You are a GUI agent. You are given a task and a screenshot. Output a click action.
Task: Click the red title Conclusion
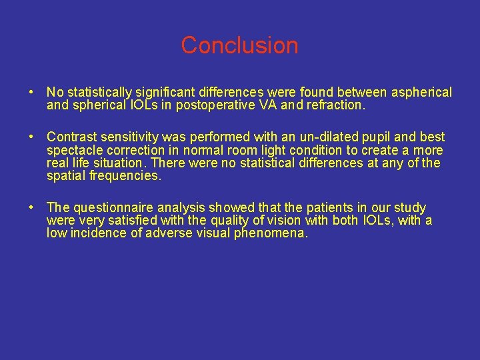(x=239, y=45)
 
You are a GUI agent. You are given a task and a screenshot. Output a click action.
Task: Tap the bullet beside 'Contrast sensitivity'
(x=31, y=137)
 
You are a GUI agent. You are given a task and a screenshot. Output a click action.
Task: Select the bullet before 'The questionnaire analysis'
(x=31, y=208)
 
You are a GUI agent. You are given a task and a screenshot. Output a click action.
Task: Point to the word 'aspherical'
(x=419, y=93)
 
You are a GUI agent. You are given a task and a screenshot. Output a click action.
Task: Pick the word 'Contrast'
(x=71, y=137)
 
